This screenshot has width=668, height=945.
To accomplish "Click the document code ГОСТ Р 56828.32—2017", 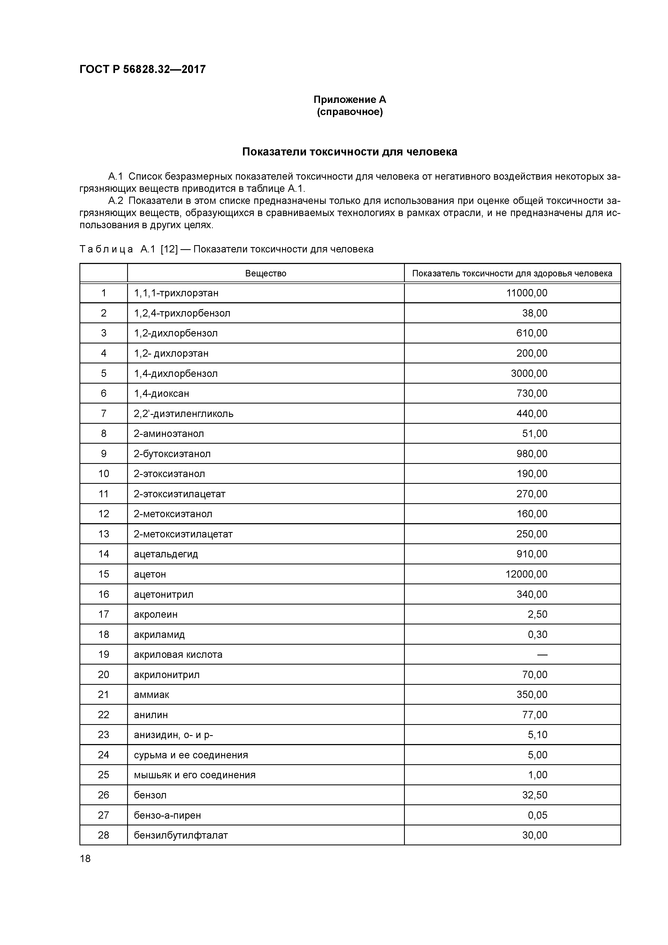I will click(142, 69).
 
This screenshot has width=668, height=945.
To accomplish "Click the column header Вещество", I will click(266, 273).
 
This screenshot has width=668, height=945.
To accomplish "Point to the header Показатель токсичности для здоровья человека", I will click(512, 273).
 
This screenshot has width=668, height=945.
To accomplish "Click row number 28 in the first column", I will click(103, 835).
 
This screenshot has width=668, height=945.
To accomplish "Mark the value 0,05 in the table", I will click(538, 815).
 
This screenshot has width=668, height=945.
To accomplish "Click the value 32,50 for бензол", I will click(535, 795).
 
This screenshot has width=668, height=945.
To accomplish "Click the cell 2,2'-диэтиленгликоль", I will click(184, 414).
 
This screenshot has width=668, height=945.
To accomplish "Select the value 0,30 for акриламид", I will click(538, 634).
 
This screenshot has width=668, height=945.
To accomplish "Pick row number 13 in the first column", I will click(103, 534).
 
